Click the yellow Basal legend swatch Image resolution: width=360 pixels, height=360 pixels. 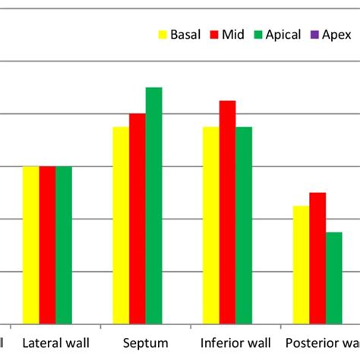pos(162,35)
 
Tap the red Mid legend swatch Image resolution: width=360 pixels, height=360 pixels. pos(213,35)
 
